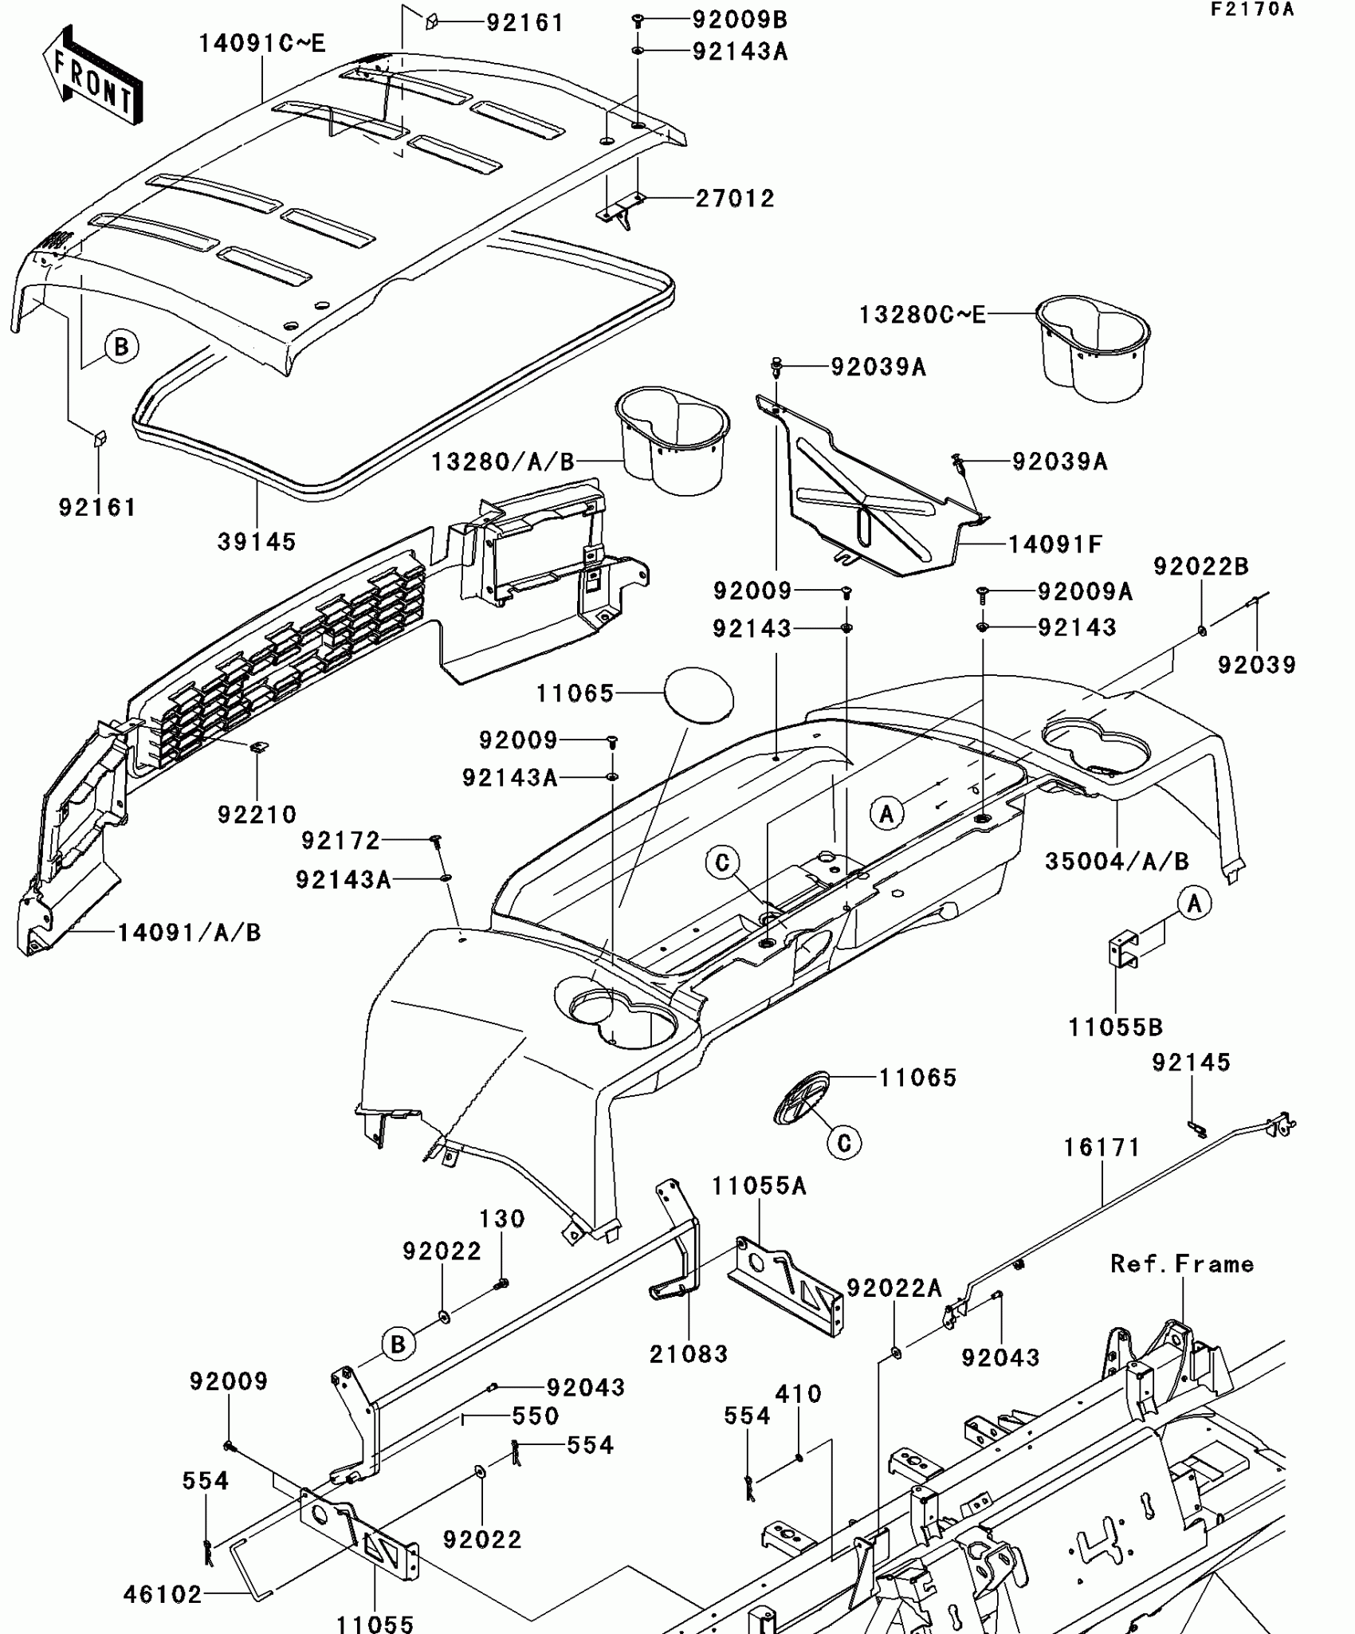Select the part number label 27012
coord(734,198)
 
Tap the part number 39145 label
coord(257,542)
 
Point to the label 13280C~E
coord(921,315)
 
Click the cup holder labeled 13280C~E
coord(1093,346)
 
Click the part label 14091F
coord(1055,544)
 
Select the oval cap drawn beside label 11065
coord(699,695)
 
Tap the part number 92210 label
coord(257,815)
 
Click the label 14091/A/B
coord(189,933)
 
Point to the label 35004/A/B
coord(1117,862)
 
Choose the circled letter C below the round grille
coord(844,1144)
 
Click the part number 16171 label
coord(1102,1148)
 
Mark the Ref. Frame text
coord(1182,1264)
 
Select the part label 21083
coord(689,1354)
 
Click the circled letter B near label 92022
coord(398,1345)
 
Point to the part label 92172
coord(341,840)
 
